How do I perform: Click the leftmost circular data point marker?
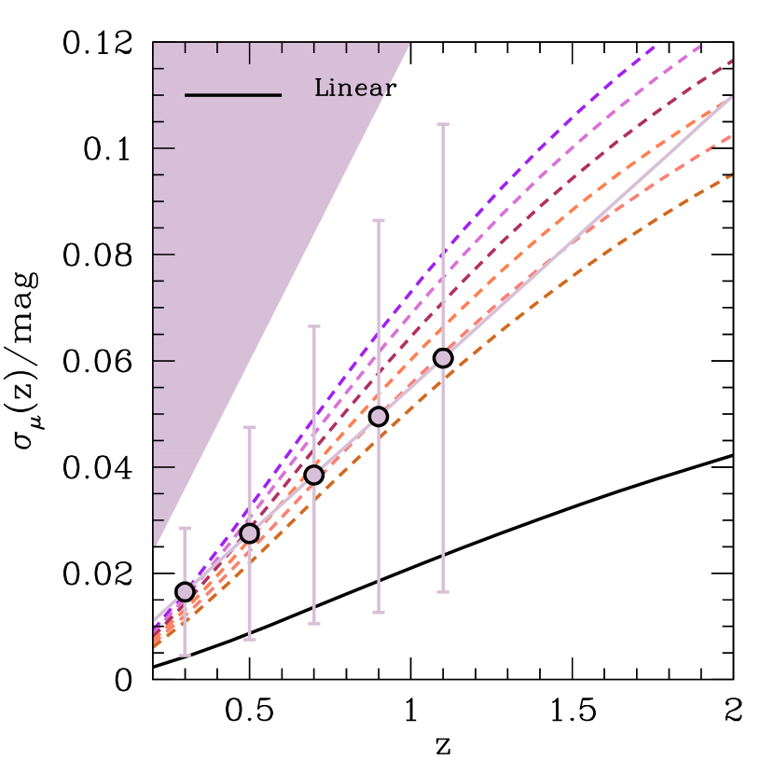[x=185, y=592]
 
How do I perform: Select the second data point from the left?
[x=249, y=533]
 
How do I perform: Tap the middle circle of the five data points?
[x=314, y=475]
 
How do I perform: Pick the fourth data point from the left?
[x=379, y=416]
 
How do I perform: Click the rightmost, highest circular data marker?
[x=443, y=358]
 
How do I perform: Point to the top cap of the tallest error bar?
[x=443, y=124]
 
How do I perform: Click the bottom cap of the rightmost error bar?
[x=443, y=592]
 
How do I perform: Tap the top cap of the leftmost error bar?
[x=185, y=529]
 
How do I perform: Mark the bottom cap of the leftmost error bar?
[x=185, y=656]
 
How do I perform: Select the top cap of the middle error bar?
[x=314, y=326]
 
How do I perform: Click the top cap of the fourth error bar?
[x=379, y=221]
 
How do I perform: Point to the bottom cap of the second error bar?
[x=249, y=640]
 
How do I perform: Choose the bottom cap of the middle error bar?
[x=314, y=624]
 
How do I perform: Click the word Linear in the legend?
[x=351, y=89]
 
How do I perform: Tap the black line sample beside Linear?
[x=233, y=95]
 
